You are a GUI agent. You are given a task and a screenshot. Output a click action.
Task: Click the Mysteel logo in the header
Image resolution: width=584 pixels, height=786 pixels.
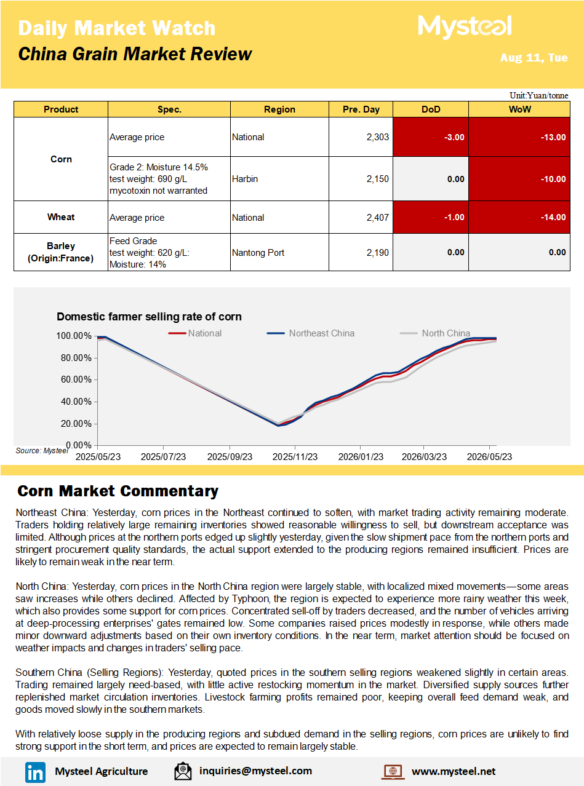click(465, 26)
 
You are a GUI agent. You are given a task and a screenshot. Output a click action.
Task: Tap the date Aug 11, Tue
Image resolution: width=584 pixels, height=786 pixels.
click(534, 57)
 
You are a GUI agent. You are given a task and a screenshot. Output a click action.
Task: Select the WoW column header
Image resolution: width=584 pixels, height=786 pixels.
click(519, 109)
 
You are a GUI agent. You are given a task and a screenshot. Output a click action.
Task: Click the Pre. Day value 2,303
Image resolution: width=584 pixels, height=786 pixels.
click(378, 137)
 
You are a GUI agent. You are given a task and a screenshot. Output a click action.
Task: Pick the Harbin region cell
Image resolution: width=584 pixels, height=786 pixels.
click(245, 179)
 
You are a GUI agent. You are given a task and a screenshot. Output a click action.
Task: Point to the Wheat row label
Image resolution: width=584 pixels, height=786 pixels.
click(61, 217)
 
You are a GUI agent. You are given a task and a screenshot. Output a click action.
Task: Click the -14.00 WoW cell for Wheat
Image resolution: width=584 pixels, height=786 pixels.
click(519, 217)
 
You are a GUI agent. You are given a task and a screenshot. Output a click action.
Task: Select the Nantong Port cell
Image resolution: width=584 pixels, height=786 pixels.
click(258, 253)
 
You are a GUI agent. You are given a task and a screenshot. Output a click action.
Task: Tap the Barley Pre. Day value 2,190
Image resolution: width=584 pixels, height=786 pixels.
click(378, 253)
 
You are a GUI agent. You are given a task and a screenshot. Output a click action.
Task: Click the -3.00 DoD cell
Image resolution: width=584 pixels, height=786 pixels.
click(431, 137)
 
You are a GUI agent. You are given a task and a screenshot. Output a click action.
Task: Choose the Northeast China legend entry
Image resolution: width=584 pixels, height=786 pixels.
click(311, 333)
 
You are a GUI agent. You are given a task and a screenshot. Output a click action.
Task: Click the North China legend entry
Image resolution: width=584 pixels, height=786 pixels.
click(434, 333)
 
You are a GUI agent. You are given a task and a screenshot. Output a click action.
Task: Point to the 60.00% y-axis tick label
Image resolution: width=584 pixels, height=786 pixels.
click(76, 379)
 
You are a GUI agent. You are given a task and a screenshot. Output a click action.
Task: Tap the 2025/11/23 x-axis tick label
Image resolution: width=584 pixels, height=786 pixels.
click(295, 457)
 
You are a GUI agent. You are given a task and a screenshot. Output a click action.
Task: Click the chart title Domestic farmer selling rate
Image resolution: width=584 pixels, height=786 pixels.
click(149, 317)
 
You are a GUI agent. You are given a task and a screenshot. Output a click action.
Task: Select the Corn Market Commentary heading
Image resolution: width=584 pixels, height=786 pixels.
click(118, 491)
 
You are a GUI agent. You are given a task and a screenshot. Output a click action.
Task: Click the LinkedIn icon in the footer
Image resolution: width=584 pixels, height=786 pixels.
click(35, 772)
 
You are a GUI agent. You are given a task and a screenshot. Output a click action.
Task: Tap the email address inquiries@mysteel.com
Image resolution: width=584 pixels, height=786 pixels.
click(255, 771)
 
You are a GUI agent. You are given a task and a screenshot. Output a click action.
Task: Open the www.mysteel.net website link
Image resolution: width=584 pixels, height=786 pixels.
click(454, 771)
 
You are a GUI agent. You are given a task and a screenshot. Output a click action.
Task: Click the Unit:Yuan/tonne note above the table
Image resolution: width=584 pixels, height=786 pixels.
click(538, 95)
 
